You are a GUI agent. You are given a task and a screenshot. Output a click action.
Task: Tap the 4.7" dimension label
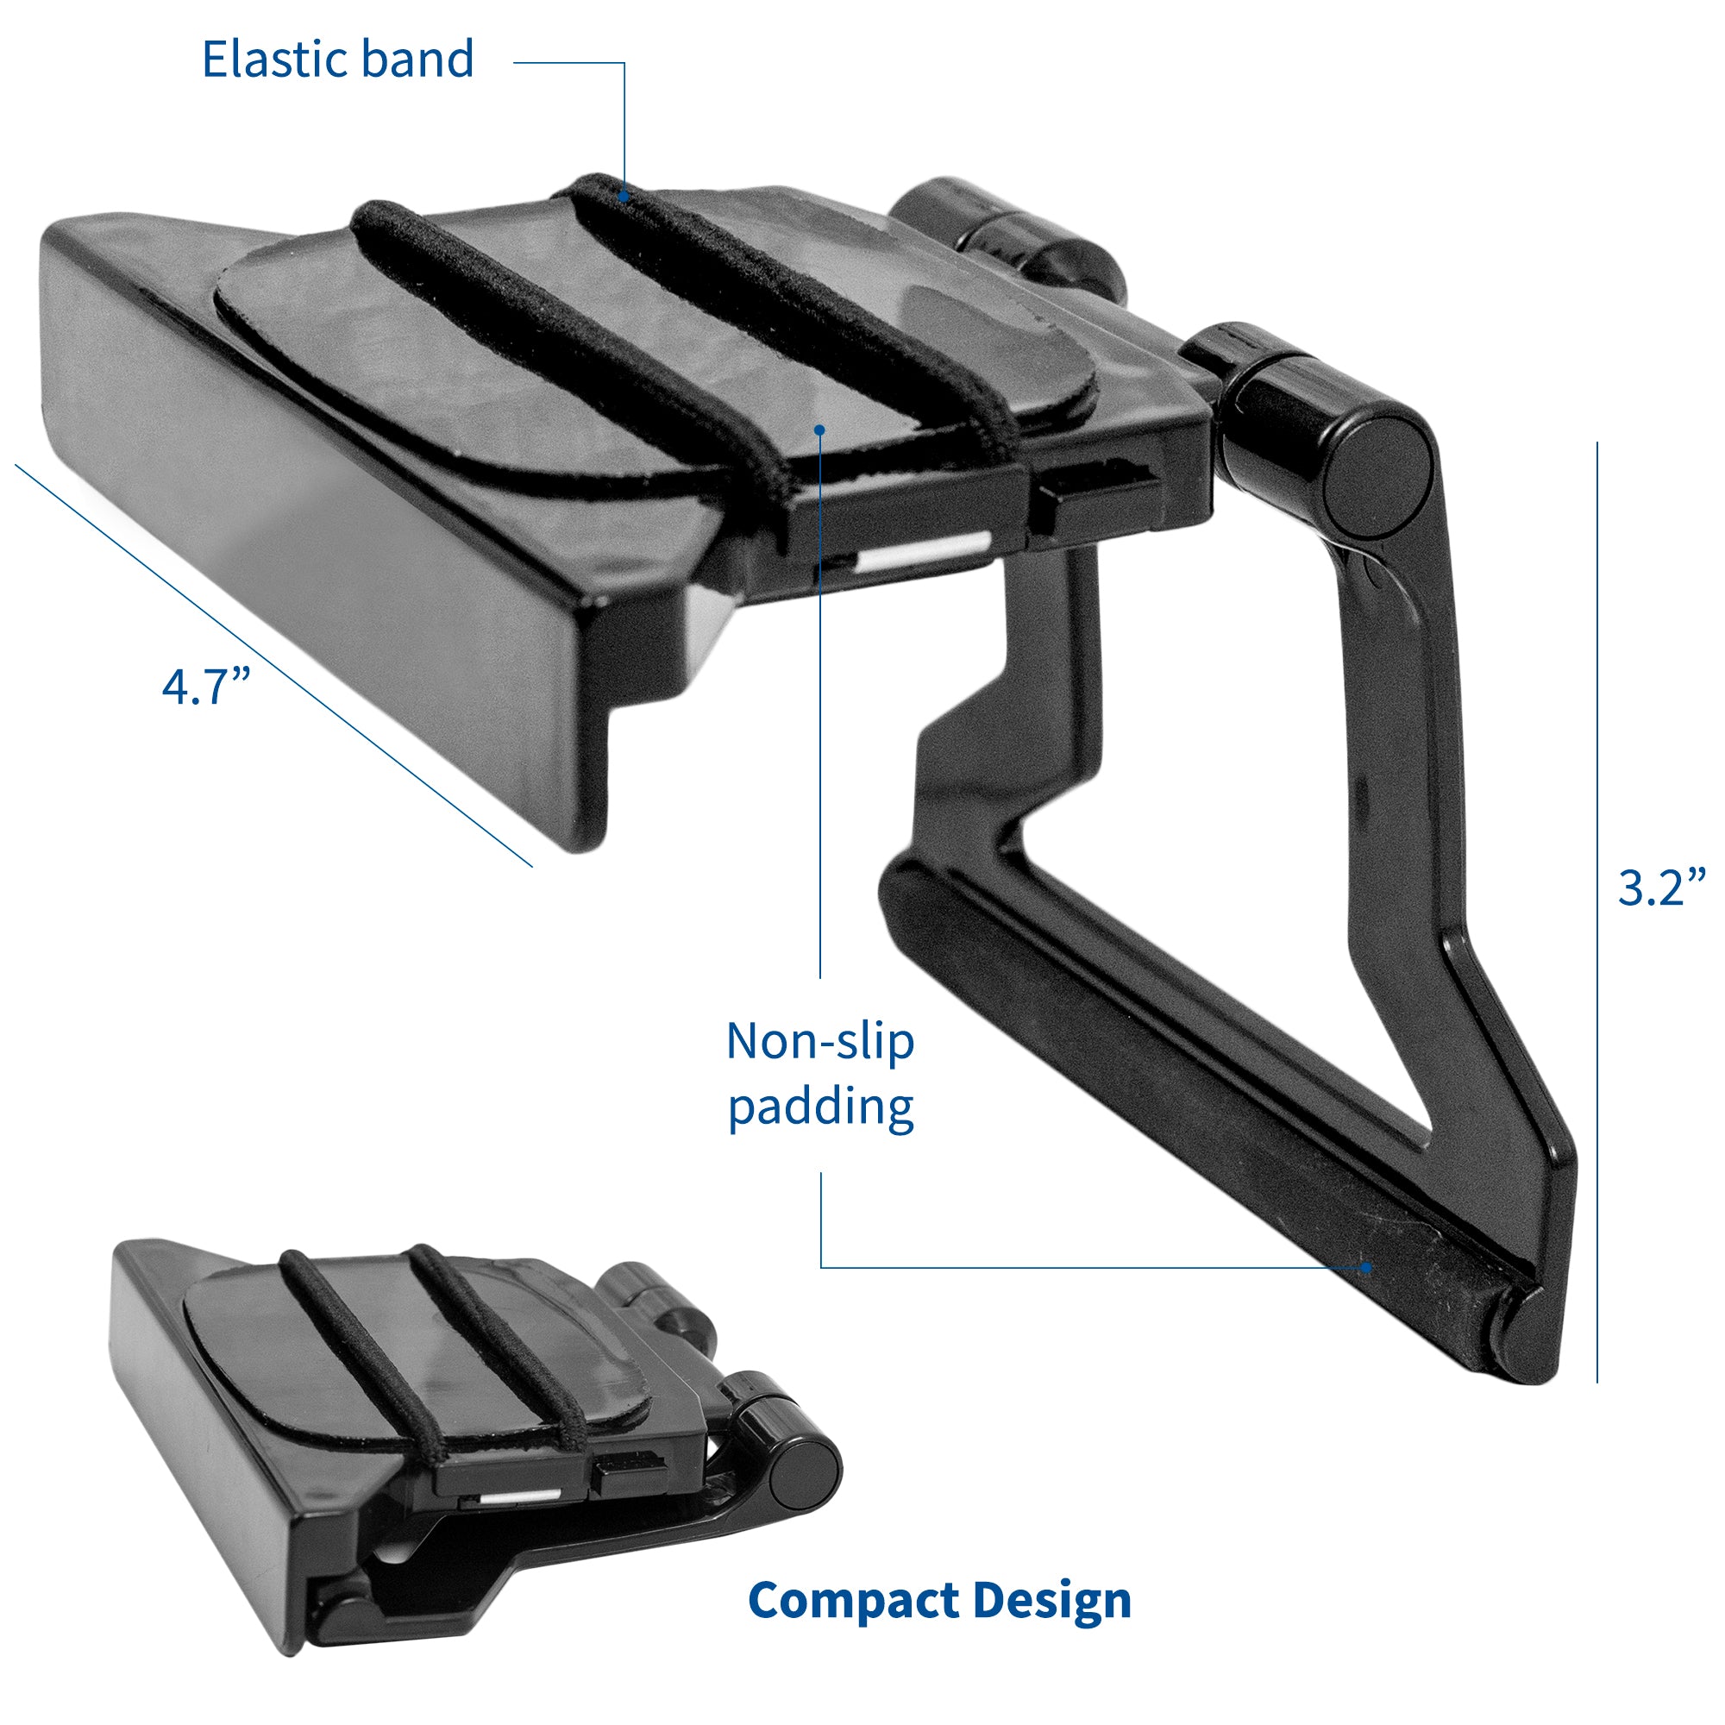206,687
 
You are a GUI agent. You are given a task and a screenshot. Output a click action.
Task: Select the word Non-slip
819,1041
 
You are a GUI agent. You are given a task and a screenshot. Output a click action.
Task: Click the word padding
820,1107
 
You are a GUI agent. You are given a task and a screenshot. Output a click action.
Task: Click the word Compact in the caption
852,1599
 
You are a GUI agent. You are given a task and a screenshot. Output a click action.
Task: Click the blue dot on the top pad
819,430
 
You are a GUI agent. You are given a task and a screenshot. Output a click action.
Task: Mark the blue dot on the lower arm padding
1365,1266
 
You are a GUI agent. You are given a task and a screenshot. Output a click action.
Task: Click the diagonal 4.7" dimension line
268,661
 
